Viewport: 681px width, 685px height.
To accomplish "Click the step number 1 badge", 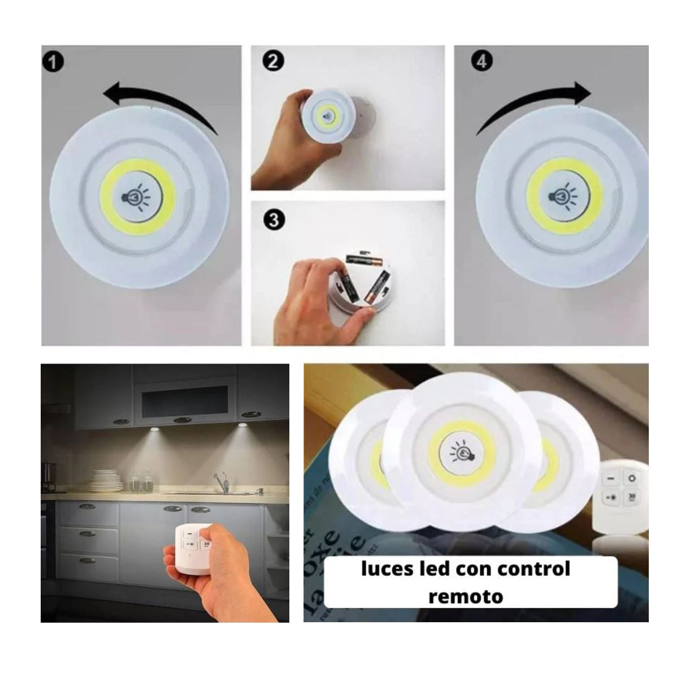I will point(53,62).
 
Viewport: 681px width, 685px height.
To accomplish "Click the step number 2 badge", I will point(273,61).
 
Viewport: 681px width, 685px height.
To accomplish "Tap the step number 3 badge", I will point(274,219).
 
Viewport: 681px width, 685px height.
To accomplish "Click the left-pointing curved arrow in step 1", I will point(161,101).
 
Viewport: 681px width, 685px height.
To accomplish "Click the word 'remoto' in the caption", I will point(465,596).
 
